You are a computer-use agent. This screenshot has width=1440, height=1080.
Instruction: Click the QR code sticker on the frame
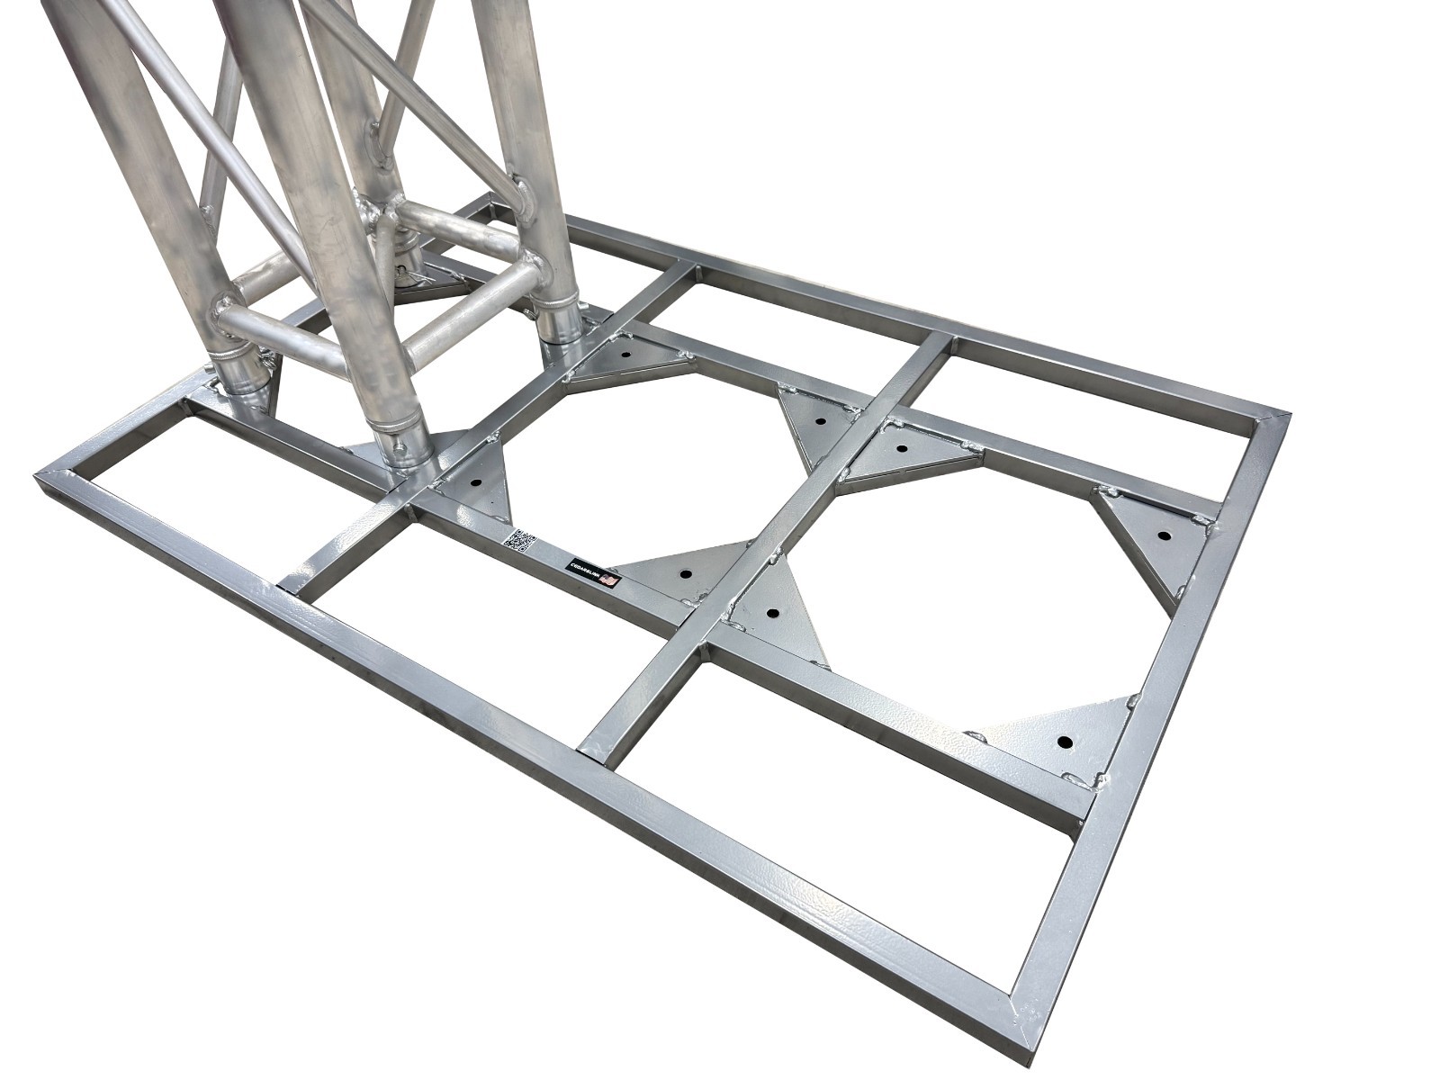(x=519, y=542)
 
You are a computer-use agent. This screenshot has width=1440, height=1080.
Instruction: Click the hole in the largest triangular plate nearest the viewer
(x=1064, y=742)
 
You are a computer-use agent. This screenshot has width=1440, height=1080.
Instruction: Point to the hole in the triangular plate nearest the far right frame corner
(x=1164, y=535)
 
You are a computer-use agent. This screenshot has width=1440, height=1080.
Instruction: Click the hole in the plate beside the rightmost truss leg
(x=622, y=354)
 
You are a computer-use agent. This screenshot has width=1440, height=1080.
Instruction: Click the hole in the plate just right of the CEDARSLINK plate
(x=772, y=614)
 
